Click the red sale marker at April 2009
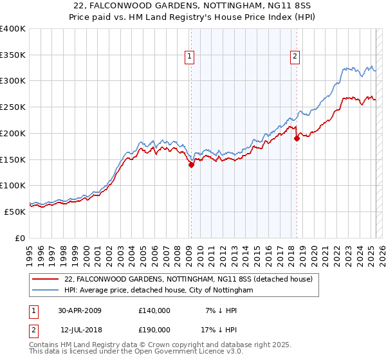[191, 165]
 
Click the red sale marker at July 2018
[297, 138]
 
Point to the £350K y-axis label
[13, 55]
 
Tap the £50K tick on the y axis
[15, 212]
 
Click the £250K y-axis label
[13, 107]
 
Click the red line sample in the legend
[46, 279]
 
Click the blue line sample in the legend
[46, 291]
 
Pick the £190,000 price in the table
[154, 329]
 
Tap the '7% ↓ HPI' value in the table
[221, 310]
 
